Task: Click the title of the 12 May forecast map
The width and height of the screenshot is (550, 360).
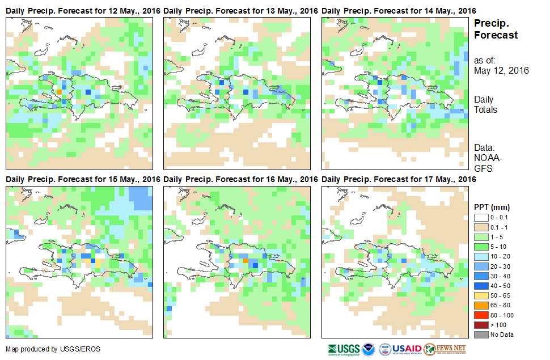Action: tap(83, 11)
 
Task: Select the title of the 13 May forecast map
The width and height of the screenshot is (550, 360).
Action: tap(241, 11)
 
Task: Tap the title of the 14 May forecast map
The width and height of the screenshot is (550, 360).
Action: tap(399, 11)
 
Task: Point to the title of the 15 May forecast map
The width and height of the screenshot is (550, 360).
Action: tap(83, 179)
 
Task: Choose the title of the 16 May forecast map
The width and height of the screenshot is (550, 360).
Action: tap(241, 179)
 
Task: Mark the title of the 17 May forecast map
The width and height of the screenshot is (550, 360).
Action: tap(399, 179)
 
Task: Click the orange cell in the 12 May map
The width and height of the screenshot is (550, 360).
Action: tap(60, 91)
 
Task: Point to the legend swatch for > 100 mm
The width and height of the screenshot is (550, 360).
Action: tap(481, 325)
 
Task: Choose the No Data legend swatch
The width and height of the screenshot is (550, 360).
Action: tap(481, 334)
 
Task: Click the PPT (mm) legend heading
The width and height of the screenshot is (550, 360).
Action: tap(489, 207)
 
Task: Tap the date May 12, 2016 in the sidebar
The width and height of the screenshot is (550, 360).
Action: tap(501, 71)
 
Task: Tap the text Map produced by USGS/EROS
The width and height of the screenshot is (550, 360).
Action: tap(53, 349)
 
